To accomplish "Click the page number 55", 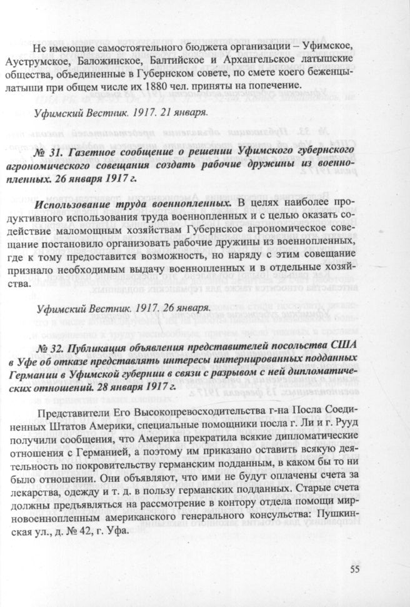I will tap(356, 568).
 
